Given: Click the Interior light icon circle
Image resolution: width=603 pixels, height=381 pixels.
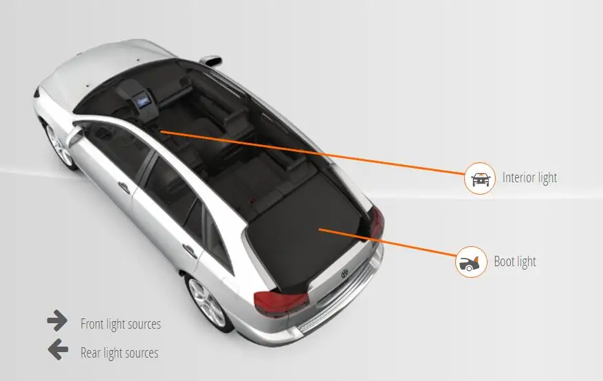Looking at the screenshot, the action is pyautogui.click(x=480, y=179).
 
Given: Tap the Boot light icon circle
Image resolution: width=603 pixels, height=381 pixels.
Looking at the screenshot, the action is pyautogui.click(x=471, y=262).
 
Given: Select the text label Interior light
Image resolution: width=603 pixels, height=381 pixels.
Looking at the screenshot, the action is pyautogui.click(x=529, y=178).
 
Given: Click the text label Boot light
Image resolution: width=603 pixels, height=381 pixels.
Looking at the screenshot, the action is pyautogui.click(x=514, y=262).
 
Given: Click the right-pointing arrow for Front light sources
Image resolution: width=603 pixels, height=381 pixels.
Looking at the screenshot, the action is pyautogui.click(x=57, y=320).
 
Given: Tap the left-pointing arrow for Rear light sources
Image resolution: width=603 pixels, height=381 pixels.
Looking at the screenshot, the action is pyautogui.click(x=58, y=350).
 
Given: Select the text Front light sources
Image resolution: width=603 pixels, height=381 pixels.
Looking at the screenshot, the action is pyautogui.click(x=120, y=324).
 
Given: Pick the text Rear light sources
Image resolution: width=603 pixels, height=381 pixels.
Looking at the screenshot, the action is pyautogui.click(x=119, y=353).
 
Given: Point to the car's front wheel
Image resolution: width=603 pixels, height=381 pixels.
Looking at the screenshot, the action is pyautogui.click(x=60, y=144).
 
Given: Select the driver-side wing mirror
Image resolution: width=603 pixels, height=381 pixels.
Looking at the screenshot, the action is pyautogui.click(x=74, y=135).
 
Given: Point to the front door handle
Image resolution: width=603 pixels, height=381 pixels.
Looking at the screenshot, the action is pyautogui.click(x=124, y=186).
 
